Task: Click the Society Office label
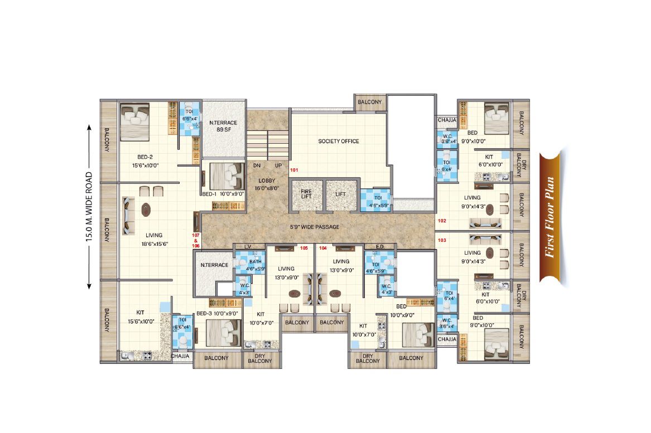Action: tap(339, 141)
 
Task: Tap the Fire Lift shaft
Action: tap(307, 195)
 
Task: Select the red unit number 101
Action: tap(294, 170)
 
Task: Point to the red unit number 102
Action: tap(442, 221)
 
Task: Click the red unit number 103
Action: tap(442, 240)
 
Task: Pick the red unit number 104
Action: tap(323, 248)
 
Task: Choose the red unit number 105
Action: tap(304, 248)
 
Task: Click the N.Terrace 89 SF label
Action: tap(223, 126)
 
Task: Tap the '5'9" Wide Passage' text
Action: tap(314, 227)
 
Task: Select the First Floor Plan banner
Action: tap(550, 217)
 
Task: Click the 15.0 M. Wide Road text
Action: tap(89, 207)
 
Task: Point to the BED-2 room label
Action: tap(145, 157)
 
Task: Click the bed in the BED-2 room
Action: tap(134, 122)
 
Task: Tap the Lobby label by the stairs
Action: tap(267, 184)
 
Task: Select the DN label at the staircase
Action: tap(257, 166)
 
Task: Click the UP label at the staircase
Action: tap(278, 166)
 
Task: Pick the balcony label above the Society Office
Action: tap(369, 102)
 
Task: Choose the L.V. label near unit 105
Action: tap(248, 247)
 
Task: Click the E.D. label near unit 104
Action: tap(380, 247)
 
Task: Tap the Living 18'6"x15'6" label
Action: tap(154, 239)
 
